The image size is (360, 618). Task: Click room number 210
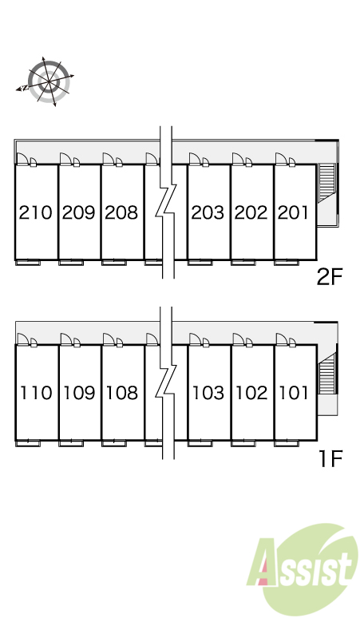[x=35, y=213]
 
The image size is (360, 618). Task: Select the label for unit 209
[x=79, y=213]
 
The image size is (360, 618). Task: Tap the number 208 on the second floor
[x=121, y=213]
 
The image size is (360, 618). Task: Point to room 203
[x=208, y=213]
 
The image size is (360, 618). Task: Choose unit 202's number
[x=251, y=213]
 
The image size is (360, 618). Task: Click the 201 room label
[x=293, y=213]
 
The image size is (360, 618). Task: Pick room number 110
[x=36, y=393]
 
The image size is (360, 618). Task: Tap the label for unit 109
[x=79, y=393]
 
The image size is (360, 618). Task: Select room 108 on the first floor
[x=122, y=393]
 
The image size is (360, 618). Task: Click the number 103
[x=208, y=393]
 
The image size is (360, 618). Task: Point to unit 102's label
[x=251, y=393]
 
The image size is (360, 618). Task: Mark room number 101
[x=294, y=393]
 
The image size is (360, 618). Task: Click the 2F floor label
[x=330, y=277]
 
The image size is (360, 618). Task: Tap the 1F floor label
[x=330, y=458]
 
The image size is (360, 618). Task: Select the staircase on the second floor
[x=326, y=183]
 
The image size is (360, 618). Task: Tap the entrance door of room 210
[x=22, y=159]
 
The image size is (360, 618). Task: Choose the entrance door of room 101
[x=282, y=339]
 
